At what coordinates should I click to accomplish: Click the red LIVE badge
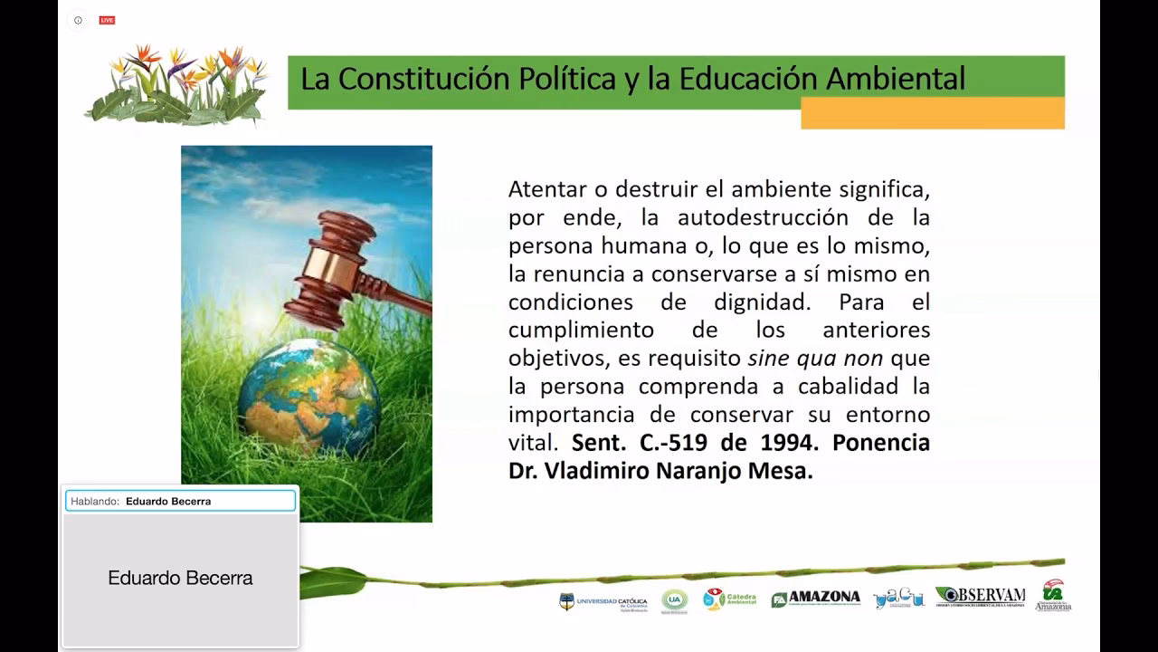(107, 20)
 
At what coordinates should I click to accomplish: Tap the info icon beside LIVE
(78, 20)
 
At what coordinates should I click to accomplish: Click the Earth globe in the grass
(309, 398)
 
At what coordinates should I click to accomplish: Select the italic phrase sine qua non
(815, 358)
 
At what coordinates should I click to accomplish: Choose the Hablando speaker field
(180, 501)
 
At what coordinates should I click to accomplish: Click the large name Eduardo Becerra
(180, 578)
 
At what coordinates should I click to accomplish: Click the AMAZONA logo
(816, 598)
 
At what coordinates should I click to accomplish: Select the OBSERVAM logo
(980, 596)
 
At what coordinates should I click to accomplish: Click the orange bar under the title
(932, 113)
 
